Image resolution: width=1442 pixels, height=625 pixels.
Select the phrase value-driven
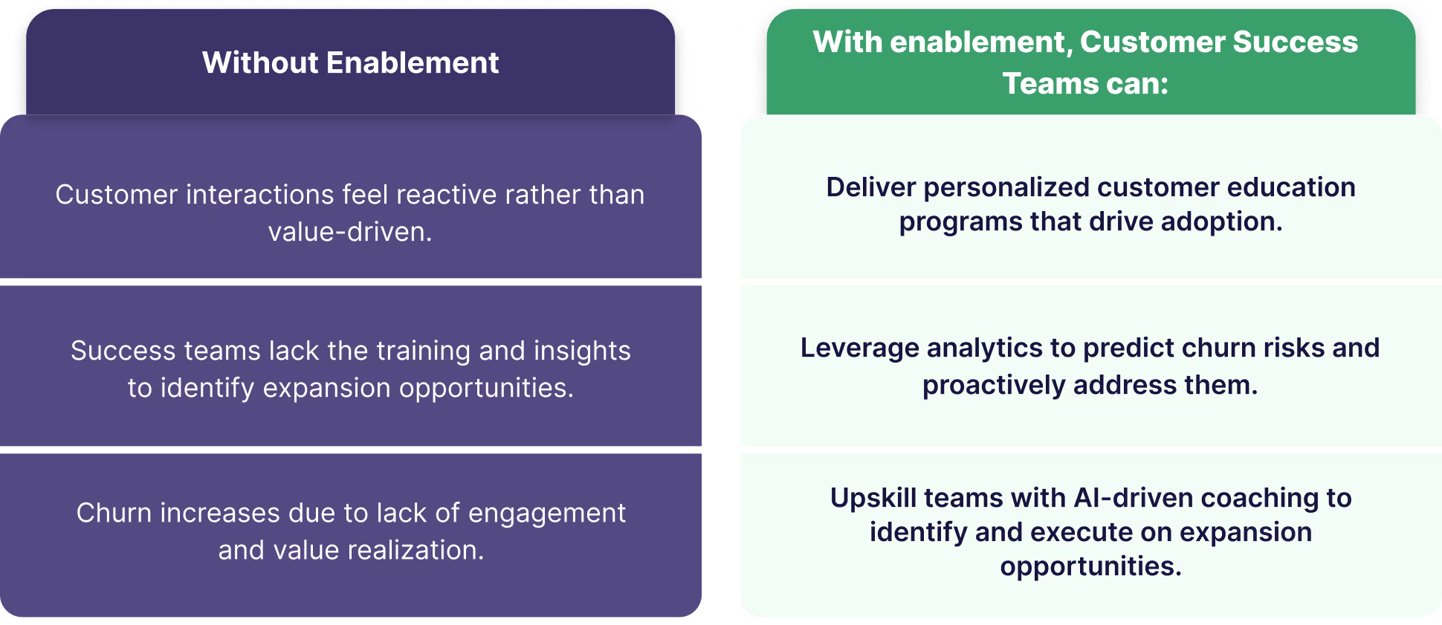pyautogui.click(x=349, y=232)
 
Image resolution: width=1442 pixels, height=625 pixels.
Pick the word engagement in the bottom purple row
pyautogui.click(x=547, y=513)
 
